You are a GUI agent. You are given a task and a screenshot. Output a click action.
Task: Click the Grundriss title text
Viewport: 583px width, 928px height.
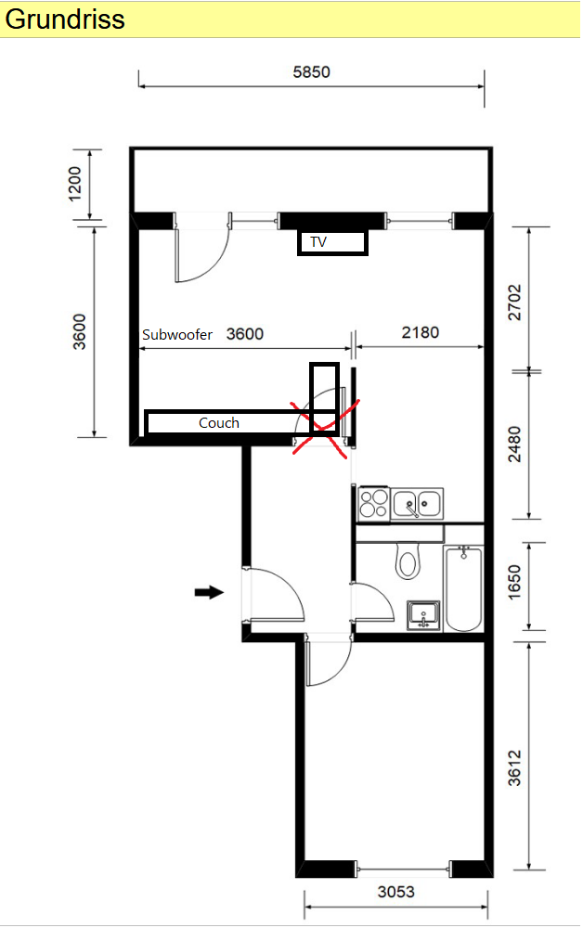[x=65, y=19]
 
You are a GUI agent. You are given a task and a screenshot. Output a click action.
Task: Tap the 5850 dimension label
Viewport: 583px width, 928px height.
[x=311, y=72]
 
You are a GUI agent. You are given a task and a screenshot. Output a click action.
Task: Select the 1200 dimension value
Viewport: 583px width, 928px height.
[x=75, y=184]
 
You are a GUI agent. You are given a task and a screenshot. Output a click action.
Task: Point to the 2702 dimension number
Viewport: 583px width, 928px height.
[x=515, y=303]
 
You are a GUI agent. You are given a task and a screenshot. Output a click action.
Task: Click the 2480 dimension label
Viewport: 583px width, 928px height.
[x=515, y=445]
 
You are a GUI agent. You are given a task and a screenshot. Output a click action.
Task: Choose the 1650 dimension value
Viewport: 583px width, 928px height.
[x=515, y=583]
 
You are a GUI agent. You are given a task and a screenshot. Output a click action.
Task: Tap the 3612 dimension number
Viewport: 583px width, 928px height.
[x=515, y=767]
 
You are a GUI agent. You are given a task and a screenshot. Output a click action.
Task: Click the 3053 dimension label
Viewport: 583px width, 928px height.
[x=396, y=891]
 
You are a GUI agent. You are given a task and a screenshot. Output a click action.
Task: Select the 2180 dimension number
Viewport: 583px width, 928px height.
[x=421, y=332]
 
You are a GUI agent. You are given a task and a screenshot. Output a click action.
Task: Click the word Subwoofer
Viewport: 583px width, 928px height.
[x=177, y=335]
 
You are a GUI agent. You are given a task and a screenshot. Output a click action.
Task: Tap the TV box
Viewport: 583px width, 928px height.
[x=332, y=242]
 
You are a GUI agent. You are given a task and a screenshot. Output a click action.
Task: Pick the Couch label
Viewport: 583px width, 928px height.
[x=219, y=422]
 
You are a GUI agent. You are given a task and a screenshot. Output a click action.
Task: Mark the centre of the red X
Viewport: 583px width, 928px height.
[x=324, y=429]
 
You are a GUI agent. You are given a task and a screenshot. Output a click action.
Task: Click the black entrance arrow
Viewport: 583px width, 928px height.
[x=209, y=592]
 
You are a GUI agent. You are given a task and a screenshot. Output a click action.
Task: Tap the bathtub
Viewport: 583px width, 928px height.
[x=463, y=589]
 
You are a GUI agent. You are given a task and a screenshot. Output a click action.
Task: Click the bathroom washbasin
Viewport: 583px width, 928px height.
[x=423, y=615]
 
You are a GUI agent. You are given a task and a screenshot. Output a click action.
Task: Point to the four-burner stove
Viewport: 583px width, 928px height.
[x=374, y=503]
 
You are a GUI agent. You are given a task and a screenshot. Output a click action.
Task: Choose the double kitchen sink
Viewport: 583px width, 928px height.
[x=417, y=504]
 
